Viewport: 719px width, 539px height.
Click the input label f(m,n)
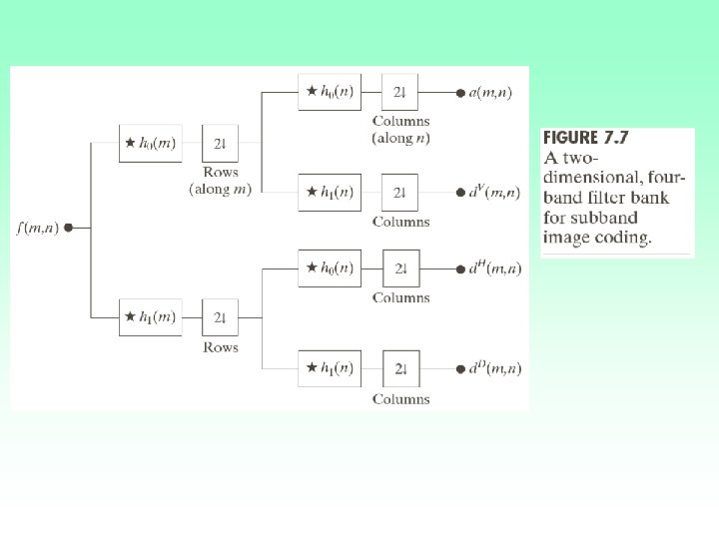(38, 228)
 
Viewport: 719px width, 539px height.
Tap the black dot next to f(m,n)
(68, 228)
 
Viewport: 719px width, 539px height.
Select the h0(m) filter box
(150, 143)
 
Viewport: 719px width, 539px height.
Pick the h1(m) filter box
(150, 316)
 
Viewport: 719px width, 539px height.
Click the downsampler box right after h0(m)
(220, 143)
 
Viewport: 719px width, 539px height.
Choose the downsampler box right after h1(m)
(220, 316)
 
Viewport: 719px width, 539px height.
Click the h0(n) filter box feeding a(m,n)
(330, 92)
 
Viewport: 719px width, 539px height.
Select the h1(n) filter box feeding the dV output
(330, 192)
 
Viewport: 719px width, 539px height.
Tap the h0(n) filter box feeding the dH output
(330, 268)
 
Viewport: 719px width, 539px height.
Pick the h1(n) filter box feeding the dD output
(330, 368)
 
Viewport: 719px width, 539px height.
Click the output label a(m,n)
(493, 92)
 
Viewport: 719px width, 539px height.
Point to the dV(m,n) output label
(494, 192)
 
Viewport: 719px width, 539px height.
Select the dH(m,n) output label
(494, 268)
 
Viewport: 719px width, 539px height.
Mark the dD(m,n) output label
(494, 368)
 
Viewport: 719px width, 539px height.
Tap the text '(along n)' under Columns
(400, 138)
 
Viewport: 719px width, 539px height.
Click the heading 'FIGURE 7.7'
(586, 138)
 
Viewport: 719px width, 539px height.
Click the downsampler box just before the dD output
(399, 368)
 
